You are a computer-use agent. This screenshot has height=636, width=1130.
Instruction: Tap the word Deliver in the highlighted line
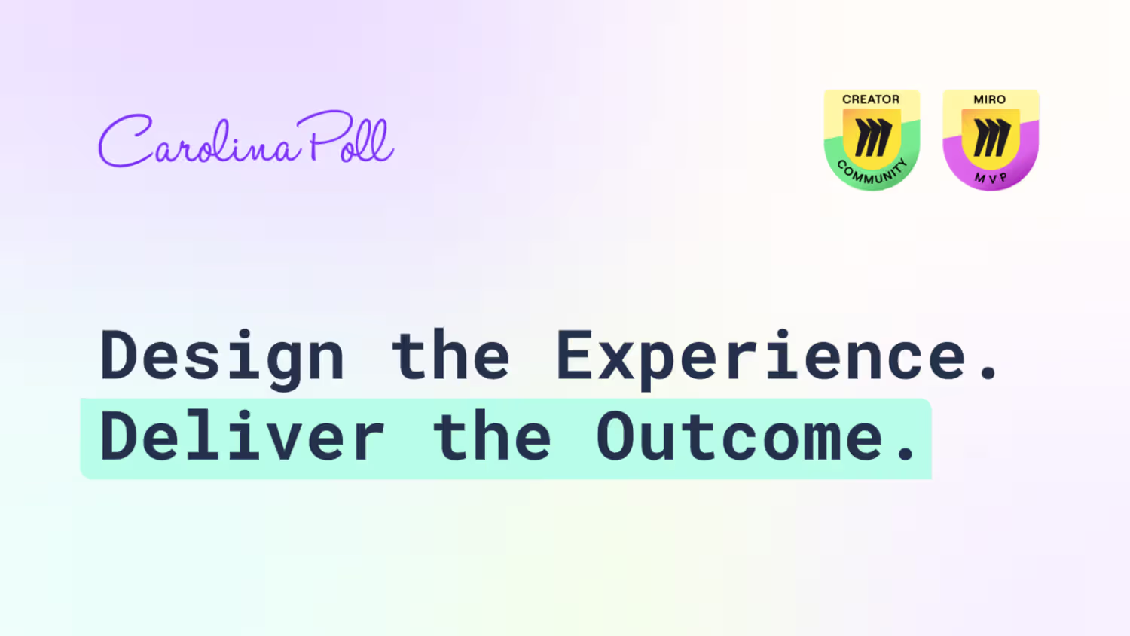point(243,436)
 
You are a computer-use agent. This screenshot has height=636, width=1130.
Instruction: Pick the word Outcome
point(741,436)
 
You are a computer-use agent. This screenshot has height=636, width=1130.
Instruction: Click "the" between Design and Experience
point(450,354)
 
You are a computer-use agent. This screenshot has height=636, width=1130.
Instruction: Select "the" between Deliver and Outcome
point(492,435)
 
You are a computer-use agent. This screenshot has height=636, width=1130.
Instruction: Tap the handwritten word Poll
point(345,136)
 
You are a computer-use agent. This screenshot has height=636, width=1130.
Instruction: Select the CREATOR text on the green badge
point(871,99)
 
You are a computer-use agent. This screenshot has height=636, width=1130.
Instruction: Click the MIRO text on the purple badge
point(990,99)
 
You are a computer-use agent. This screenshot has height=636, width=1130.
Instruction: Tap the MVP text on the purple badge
point(991,178)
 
